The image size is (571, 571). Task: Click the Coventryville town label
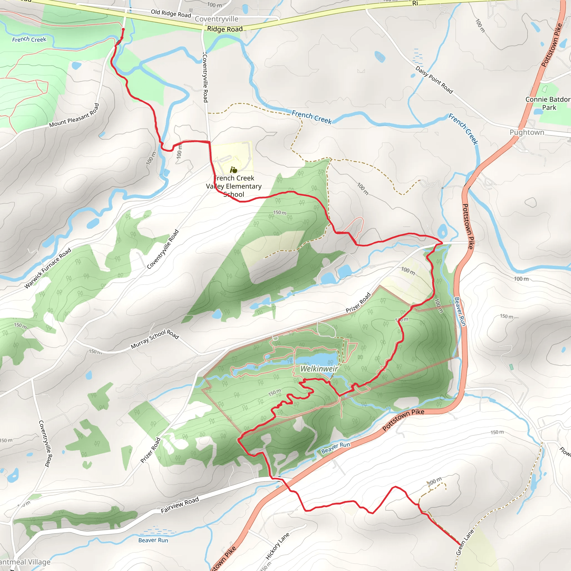pyautogui.click(x=216, y=19)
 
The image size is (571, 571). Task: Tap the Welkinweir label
pyautogui.click(x=319, y=369)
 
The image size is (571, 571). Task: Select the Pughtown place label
pyautogui.click(x=527, y=132)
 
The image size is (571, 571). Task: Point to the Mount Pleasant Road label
pyautogui.click(x=74, y=115)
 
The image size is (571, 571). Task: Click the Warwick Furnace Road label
pyautogui.click(x=48, y=268)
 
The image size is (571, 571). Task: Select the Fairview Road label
pyautogui.click(x=180, y=505)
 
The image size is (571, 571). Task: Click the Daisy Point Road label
pyautogui.click(x=434, y=80)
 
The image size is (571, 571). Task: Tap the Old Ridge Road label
pyautogui.click(x=171, y=13)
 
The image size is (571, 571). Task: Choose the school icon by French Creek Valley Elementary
pyautogui.click(x=234, y=170)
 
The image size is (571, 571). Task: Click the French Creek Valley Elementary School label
pyautogui.click(x=234, y=186)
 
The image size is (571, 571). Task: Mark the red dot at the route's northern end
pyautogui.click(x=123, y=29)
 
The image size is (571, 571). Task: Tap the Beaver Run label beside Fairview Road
pyautogui.click(x=153, y=540)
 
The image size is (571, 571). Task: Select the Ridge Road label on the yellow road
pyautogui.click(x=225, y=29)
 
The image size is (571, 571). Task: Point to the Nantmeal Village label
pyautogui.click(x=25, y=562)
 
